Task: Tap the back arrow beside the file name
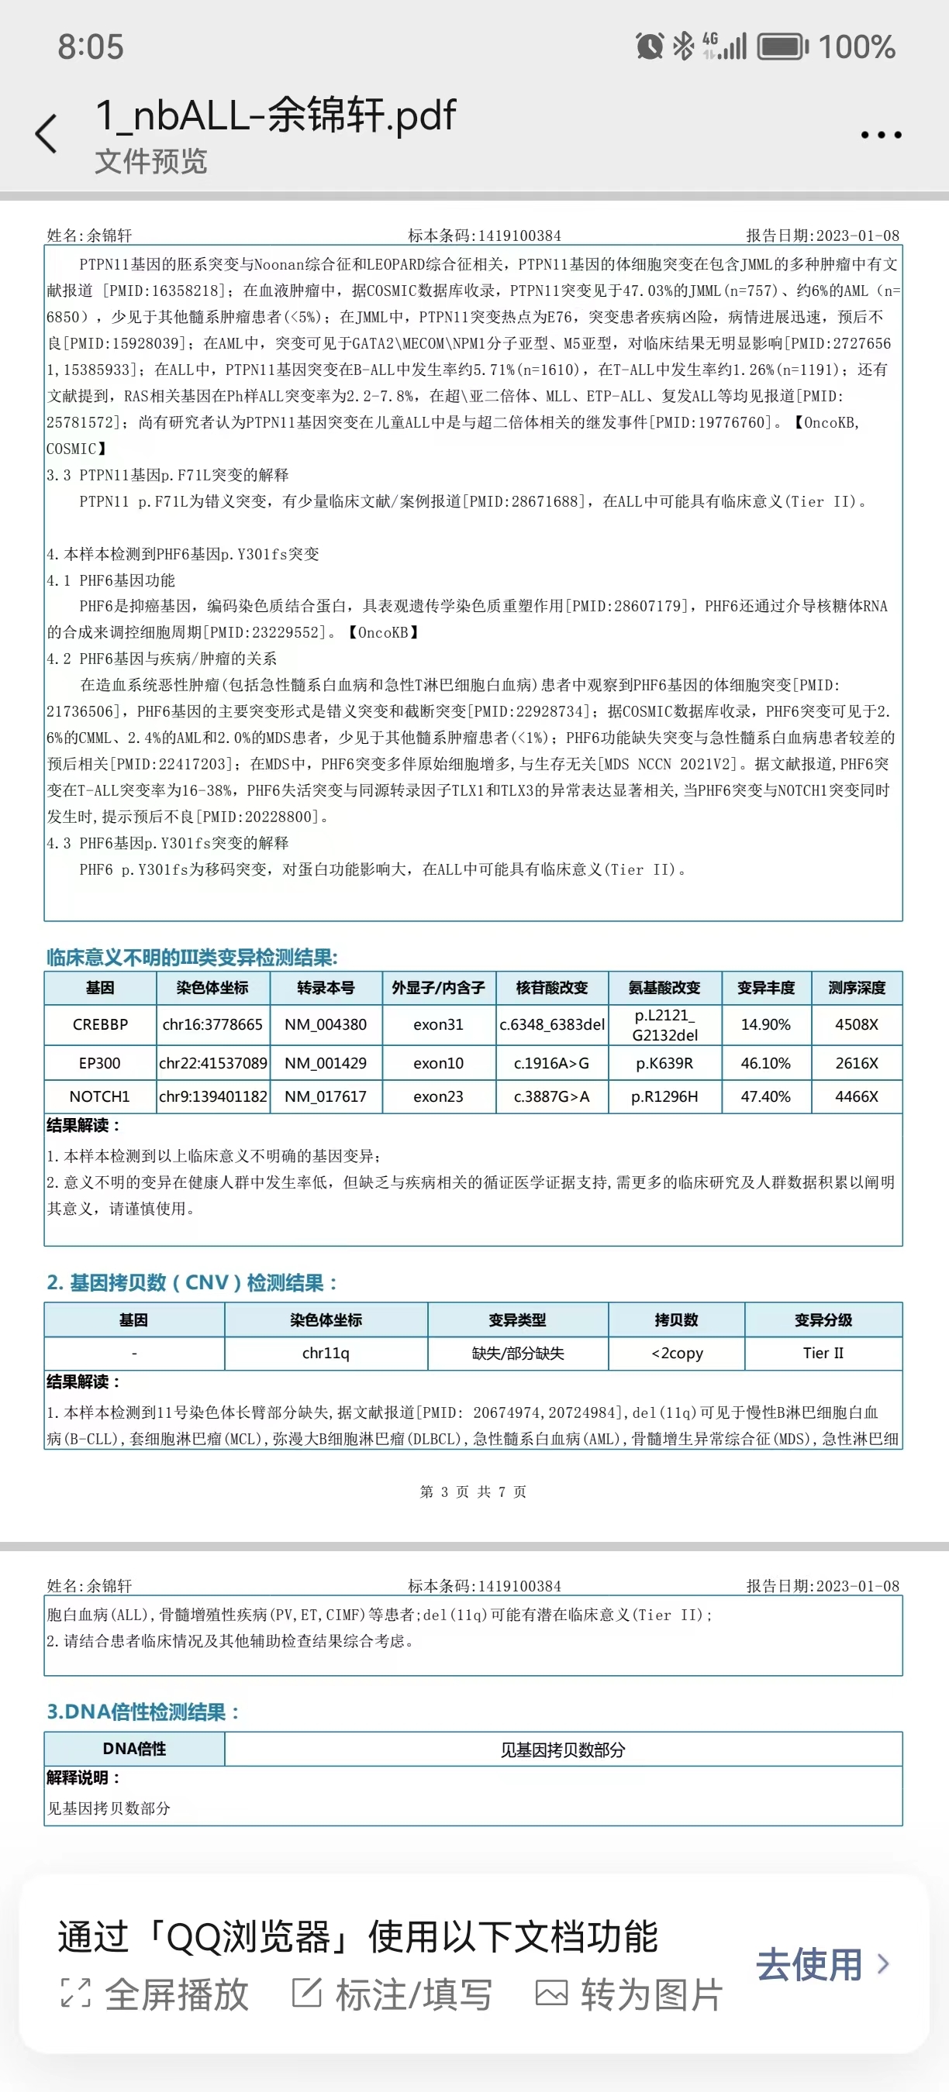(x=47, y=134)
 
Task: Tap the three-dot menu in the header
(x=881, y=135)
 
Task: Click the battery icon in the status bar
(x=782, y=47)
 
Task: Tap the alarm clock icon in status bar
(x=649, y=46)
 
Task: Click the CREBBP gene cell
(x=100, y=1024)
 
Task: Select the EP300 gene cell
(x=100, y=1063)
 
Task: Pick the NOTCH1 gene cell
(x=100, y=1096)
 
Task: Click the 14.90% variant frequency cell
(x=765, y=1024)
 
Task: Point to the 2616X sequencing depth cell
(x=857, y=1063)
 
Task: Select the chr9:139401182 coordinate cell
(x=213, y=1096)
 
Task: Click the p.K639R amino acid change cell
(x=664, y=1063)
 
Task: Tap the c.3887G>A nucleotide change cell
(x=552, y=1096)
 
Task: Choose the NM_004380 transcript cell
(x=325, y=1024)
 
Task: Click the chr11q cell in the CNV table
(x=326, y=1353)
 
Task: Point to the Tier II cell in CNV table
(x=823, y=1353)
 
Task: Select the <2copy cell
(x=677, y=1353)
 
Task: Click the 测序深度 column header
(x=857, y=988)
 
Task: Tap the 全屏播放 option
(x=155, y=1994)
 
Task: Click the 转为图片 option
(x=630, y=1994)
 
